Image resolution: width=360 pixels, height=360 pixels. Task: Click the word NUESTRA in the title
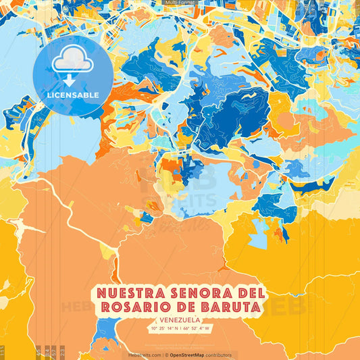click(x=126, y=294)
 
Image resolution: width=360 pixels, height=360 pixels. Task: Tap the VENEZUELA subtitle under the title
click(x=180, y=320)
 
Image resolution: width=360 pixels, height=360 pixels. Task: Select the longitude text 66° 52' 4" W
click(x=196, y=329)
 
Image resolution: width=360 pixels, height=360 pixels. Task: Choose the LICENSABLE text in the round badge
click(x=73, y=95)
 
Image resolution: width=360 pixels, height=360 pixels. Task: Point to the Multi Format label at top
click(x=180, y=3)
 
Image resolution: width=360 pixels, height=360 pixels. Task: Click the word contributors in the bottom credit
click(x=220, y=355)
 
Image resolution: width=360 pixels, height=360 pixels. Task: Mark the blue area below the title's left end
click(x=105, y=330)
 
